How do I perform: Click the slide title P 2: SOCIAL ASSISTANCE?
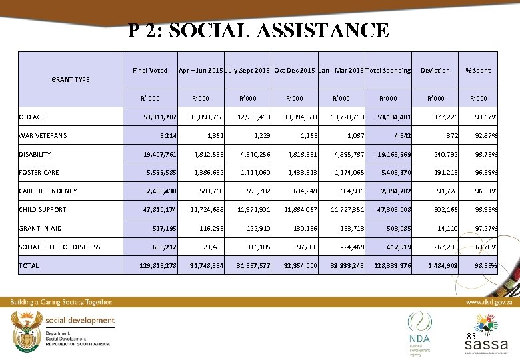(259, 31)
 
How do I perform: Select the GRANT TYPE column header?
(70, 80)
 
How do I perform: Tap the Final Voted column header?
(150, 70)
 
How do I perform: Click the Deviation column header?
(435, 70)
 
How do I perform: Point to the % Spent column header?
(477, 70)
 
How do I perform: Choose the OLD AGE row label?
(33, 117)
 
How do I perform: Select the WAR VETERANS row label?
(42, 136)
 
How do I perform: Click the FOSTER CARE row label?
(39, 173)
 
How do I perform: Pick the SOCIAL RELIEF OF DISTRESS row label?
(59, 247)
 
